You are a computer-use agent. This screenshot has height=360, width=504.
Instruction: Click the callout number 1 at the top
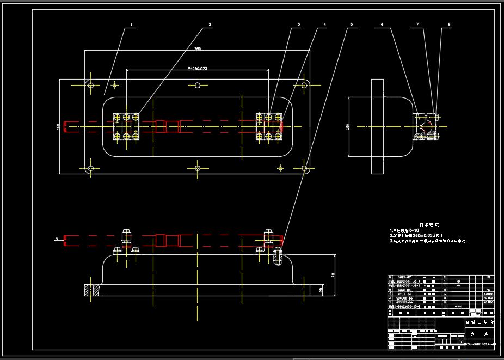pos(132,25)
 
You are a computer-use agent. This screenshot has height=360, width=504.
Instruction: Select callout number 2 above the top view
pos(210,25)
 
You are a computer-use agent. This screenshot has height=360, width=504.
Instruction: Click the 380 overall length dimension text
pos(198,49)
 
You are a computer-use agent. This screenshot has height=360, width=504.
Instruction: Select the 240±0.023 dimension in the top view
pos(197,69)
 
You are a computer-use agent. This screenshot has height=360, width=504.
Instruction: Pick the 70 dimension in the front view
pos(333,276)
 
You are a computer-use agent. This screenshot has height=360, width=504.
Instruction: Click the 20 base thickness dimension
pos(321,290)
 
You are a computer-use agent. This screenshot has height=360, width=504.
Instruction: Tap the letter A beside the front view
pos(56,239)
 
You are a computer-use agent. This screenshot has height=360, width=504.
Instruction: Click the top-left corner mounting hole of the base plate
pos(91,85)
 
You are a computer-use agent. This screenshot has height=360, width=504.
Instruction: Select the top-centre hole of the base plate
pos(198,85)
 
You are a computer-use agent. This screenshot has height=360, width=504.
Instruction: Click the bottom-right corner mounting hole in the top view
pos(304,169)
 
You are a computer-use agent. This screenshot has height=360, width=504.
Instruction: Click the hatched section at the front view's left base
pos(90,291)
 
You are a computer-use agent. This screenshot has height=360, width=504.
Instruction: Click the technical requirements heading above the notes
pos(429,224)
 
